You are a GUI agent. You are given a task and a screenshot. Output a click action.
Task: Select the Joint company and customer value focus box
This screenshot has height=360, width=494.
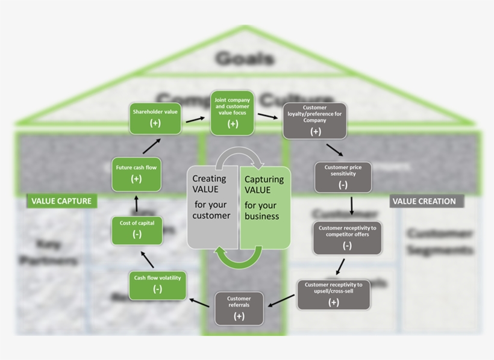tap(232, 113)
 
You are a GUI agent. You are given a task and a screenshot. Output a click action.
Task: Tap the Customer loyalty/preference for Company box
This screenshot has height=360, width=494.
tap(316, 120)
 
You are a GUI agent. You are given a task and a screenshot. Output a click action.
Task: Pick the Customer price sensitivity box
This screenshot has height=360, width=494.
tap(343, 177)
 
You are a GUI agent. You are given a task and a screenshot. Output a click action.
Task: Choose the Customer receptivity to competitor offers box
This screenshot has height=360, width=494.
tap(347, 237)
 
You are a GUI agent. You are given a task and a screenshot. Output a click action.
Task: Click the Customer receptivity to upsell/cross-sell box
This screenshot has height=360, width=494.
tap(333, 294)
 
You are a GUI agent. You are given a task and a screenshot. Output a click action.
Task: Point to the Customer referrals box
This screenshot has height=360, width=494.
tap(239, 307)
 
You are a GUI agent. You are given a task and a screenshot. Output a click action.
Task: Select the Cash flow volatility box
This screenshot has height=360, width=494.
tap(157, 285)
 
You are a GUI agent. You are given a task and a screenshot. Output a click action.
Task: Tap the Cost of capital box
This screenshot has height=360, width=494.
tap(137, 230)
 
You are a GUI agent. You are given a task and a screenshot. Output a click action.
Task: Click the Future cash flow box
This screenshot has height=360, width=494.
tap(136, 174)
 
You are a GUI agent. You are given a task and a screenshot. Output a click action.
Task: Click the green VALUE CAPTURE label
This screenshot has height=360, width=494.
tap(61, 201)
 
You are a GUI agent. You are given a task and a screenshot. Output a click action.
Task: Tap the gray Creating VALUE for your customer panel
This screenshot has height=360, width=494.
tap(212, 206)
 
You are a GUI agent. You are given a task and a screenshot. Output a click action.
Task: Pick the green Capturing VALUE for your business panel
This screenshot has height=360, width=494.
tap(265, 206)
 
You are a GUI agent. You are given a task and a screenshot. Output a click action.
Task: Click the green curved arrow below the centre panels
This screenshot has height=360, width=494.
tap(239, 258)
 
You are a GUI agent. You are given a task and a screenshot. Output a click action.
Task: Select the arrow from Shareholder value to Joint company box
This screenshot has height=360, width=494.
tap(195, 118)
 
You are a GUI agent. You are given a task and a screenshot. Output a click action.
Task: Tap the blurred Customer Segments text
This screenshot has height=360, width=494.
tap(438, 241)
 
